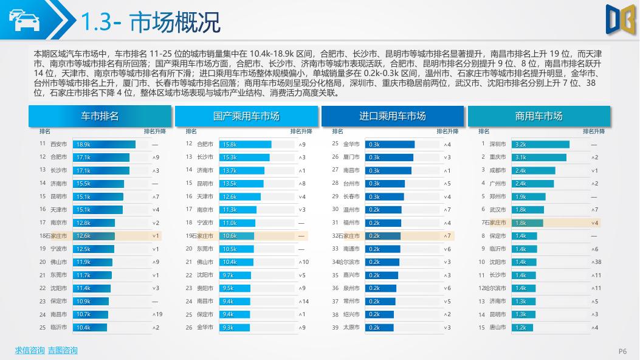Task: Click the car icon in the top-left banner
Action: click(x=24, y=21)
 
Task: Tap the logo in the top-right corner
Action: click(x=618, y=18)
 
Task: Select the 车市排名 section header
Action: click(x=100, y=116)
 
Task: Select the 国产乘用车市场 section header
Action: click(x=246, y=116)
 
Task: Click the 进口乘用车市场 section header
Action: click(x=393, y=116)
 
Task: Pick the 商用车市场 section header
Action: click(x=538, y=116)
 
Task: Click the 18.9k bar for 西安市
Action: click(x=104, y=144)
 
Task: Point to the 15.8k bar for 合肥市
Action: click(x=245, y=144)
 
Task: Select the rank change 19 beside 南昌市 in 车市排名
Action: click(x=157, y=314)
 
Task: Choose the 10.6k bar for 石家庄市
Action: click(x=237, y=236)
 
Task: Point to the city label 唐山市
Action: click(x=498, y=327)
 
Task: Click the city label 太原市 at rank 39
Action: click(x=351, y=327)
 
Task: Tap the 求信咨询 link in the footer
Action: click(x=29, y=350)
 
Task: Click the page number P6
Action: click(x=622, y=351)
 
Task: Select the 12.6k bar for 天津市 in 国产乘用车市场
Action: click(x=239, y=196)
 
